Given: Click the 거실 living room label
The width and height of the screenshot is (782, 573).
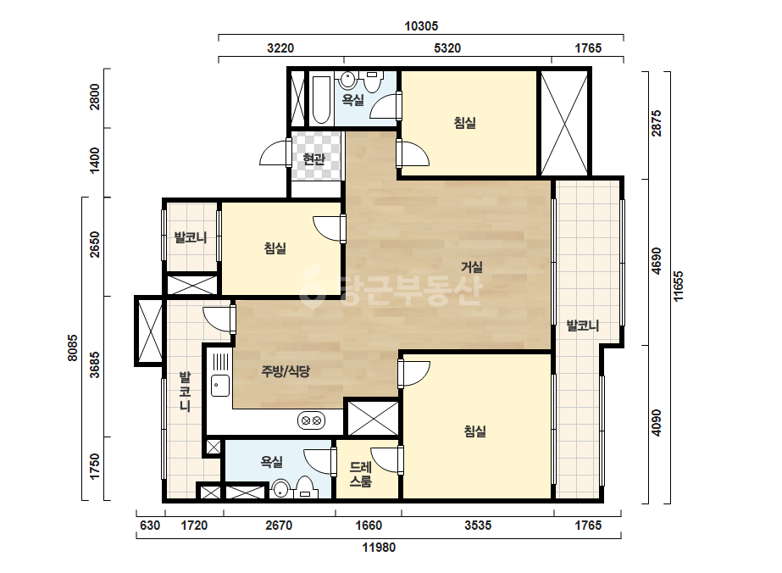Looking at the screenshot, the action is click(471, 267).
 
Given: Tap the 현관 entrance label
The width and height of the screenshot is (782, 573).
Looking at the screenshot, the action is click(313, 159).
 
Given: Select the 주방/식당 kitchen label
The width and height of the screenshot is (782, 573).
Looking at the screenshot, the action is click(286, 371).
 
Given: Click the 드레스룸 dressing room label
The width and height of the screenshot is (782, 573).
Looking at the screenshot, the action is click(361, 474).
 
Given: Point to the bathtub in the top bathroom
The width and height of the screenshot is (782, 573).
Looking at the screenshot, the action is click(321, 100).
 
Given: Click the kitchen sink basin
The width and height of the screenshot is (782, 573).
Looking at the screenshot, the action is click(220, 385).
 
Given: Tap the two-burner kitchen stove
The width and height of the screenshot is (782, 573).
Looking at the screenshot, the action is click(311, 420).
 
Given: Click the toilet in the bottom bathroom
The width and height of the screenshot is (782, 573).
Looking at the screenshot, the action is click(305, 487).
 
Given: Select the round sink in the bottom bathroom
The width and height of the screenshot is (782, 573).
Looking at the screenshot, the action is click(281, 489).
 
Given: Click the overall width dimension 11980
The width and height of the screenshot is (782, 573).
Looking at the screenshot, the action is click(379, 548).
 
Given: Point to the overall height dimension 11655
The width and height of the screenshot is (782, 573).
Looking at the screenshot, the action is click(679, 286).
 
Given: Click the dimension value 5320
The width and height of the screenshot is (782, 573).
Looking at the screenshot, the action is click(447, 48).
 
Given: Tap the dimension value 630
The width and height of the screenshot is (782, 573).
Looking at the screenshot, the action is click(150, 525).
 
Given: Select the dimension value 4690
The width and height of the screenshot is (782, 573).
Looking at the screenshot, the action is click(657, 261).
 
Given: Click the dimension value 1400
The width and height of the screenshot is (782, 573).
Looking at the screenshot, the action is click(94, 160).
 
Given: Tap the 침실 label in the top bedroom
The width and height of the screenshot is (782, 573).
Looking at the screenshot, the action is click(465, 123).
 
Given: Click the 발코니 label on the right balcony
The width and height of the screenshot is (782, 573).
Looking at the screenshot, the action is click(583, 326).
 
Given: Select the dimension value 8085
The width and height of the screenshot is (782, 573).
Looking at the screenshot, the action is click(72, 348).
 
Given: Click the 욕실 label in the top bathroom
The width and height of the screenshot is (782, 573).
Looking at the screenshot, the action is click(352, 100).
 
